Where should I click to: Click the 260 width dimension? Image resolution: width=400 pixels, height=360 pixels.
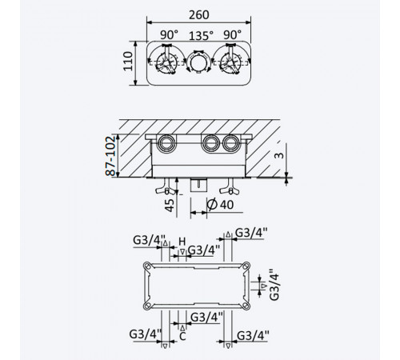coord(199,15)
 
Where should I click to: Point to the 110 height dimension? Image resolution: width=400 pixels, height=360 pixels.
coord(128,61)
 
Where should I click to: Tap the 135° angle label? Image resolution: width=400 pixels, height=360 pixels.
coord(202,35)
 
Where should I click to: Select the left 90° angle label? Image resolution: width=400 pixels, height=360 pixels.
coord(169,34)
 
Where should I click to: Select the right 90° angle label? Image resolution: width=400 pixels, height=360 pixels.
coord(233,34)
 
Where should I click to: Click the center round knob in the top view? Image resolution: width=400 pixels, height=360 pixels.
coord(199,62)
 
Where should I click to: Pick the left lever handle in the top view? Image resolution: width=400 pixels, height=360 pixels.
coord(166,61)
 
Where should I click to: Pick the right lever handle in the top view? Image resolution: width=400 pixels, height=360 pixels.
coord(230,61)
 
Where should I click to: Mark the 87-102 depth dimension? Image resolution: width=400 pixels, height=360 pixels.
coord(110,156)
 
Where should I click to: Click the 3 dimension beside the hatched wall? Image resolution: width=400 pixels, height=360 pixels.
coord(279,154)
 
